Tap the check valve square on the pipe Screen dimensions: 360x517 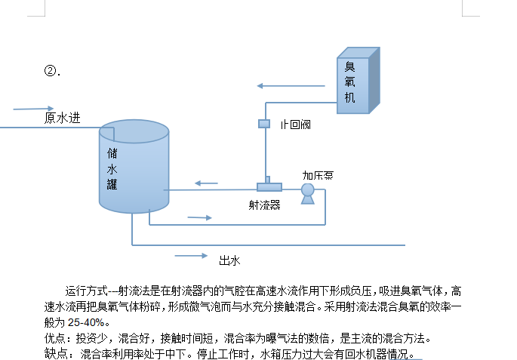tap(264, 123)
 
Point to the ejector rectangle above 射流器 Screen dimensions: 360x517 tap(269, 186)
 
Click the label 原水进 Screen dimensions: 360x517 tap(62, 118)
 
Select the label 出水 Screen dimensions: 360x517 tap(229, 260)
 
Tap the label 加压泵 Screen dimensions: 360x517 tap(318, 175)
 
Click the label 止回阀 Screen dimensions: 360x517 tap(295, 124)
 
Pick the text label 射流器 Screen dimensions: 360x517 tap(264, 205)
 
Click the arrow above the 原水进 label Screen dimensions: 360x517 tap(34, 108)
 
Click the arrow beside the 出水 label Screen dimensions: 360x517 tap(191, 256)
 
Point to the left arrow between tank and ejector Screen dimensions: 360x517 tap(206, 183)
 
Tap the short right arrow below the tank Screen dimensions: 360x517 tap(199, 217)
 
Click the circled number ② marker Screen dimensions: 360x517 tap(51, 71)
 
